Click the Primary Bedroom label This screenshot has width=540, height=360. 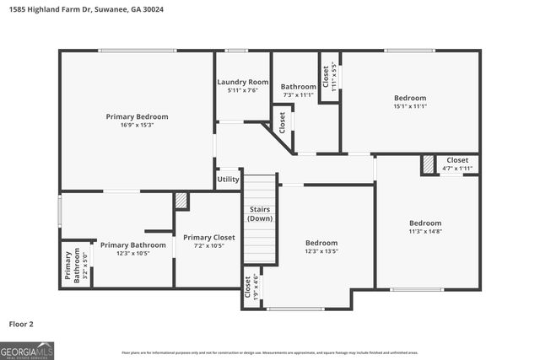coord(137,116)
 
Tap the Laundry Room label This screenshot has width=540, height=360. coord(242,82)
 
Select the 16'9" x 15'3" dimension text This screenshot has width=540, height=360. coord(137,125)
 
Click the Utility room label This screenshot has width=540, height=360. coord(228,180)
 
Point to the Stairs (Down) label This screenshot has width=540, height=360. coord(260,213)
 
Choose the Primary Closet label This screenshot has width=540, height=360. coord(208,237)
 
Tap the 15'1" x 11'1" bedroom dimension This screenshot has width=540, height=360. coord(409,106)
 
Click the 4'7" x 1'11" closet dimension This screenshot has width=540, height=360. coord(457,169)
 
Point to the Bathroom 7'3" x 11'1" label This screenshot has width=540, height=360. coord(298,90)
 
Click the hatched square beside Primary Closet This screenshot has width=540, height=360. coord(181,201)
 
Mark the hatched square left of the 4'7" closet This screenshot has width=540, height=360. coord(429,164)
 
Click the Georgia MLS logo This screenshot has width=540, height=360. coord(27,348)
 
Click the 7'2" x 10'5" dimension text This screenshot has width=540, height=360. coord(208,245)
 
